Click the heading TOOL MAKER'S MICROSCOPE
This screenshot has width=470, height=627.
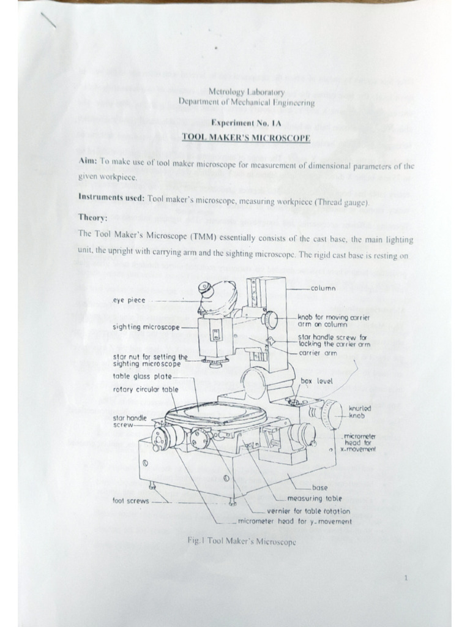click(246, 138)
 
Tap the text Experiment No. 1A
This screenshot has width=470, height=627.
click(246, 122)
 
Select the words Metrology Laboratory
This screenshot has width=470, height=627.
click(246, 92)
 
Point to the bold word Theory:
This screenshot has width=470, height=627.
click(93, 218)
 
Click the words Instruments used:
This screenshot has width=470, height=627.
click(111, 197)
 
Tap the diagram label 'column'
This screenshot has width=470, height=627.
click(323, 288)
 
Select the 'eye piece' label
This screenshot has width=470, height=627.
click(129, 300)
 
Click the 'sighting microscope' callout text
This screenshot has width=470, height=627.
click(146, 327)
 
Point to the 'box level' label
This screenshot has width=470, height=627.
click(316, 381)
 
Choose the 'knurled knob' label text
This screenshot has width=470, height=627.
click(360, 412)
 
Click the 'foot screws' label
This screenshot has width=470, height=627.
click(130, 501)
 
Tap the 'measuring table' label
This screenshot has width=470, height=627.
click(315, 498)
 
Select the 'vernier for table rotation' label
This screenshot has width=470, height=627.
click(308, 511)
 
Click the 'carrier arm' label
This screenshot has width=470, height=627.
click(318, 353)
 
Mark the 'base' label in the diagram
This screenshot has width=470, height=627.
click(319, 487)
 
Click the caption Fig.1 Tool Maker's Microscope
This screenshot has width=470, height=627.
click(242, 541)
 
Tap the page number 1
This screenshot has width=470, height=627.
click(406, 577)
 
